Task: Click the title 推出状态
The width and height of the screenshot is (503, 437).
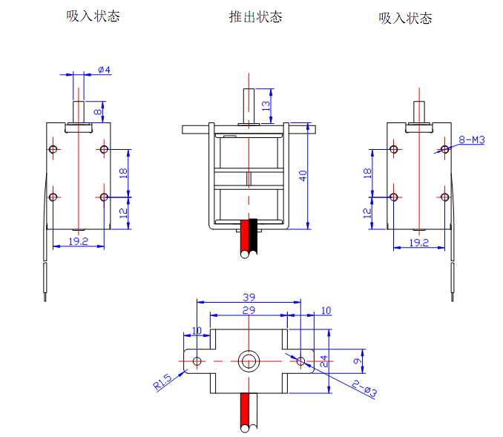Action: point(255,17)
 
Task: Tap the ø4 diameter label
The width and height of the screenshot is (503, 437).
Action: point(104,70)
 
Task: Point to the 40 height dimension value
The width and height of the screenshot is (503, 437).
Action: point(302,176)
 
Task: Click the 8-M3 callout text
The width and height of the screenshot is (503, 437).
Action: point(471,139)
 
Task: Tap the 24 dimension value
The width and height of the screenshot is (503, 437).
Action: point(323,361)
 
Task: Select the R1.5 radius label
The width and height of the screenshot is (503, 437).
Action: point(162,382)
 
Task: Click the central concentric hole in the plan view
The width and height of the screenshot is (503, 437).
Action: point(248,361)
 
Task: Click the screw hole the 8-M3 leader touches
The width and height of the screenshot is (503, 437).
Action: point(444,150)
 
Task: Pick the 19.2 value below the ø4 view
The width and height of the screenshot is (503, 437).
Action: point(78,242)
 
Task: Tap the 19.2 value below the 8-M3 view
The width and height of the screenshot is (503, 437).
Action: point(419,243)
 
